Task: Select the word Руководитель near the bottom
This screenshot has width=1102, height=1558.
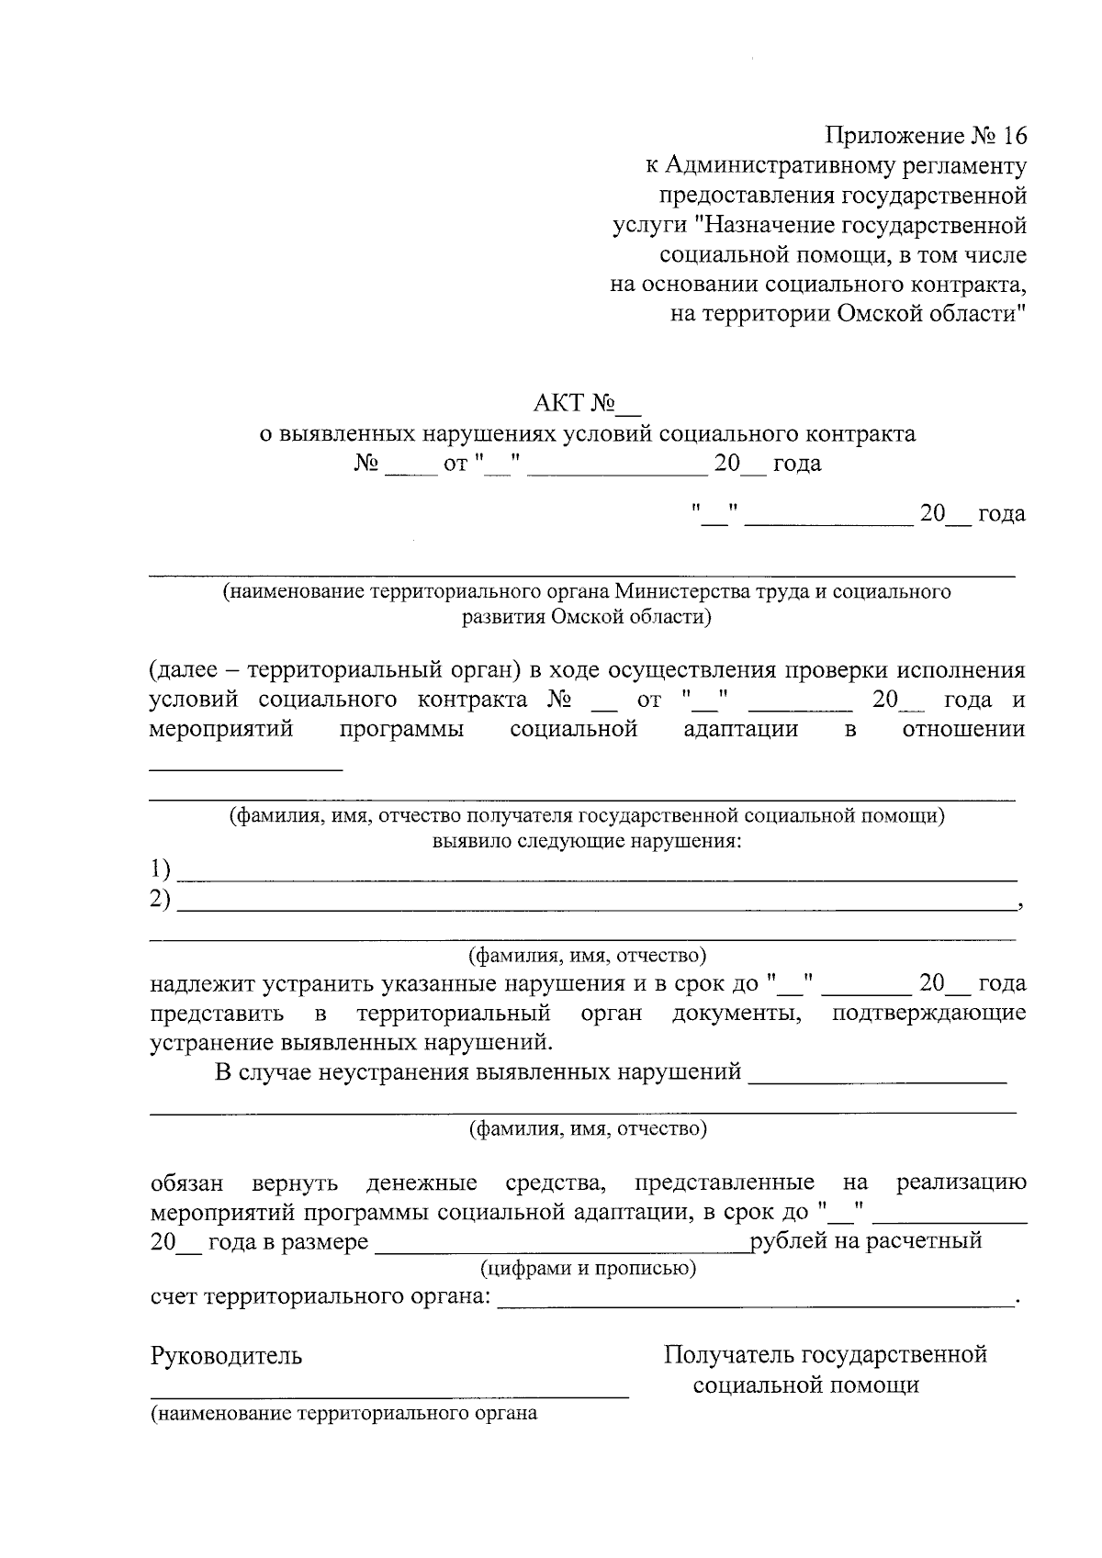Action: point(226,1356)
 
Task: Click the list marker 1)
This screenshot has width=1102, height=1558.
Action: point(161,868)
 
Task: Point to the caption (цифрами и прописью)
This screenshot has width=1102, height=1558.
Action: point(588,1269)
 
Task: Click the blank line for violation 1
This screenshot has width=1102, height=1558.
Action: point(597,879)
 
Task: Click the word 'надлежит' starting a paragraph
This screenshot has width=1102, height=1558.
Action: point(203,984)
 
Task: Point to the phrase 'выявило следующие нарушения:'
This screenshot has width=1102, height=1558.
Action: point(587,841)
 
